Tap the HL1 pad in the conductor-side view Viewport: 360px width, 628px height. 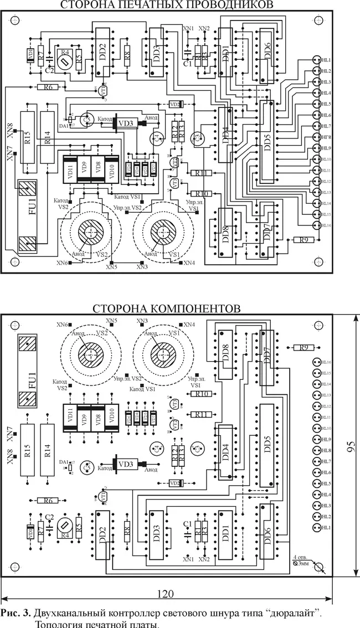317,60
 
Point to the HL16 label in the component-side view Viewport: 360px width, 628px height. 327,362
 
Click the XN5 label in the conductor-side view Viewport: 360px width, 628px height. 111,267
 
